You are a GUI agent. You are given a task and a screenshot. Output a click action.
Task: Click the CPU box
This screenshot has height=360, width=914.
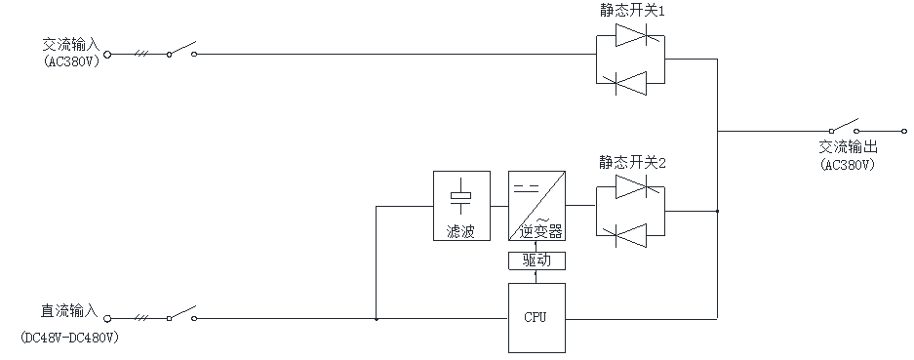[536, 317]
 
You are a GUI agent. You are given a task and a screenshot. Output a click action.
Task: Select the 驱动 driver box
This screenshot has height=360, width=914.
[536, 260]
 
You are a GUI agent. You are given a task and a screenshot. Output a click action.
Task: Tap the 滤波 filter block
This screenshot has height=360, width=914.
[459, 207]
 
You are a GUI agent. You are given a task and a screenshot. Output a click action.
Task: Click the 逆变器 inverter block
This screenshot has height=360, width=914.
[536, 207]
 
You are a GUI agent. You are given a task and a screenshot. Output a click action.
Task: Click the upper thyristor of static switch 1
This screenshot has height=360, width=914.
[629, 37]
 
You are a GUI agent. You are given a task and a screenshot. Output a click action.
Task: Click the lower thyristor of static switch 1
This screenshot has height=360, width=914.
[629, 84]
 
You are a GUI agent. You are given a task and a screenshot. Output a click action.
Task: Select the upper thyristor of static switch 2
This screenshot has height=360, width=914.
[629, 185]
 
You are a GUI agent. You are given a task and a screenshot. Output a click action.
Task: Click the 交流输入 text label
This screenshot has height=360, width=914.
[70, 45]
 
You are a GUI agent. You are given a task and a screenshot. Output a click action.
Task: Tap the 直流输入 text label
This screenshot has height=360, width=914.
[69, 311]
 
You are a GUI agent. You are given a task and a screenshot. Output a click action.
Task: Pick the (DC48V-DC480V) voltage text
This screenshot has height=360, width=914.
[69, 339]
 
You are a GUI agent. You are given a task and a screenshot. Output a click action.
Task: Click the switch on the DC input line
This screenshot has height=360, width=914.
[180, 315]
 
